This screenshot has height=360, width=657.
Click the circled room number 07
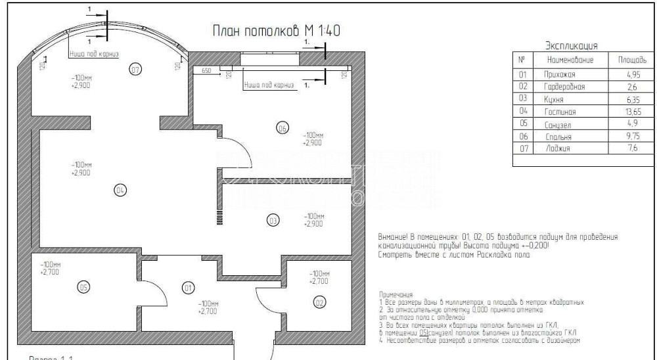135,69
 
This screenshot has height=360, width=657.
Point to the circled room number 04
120,191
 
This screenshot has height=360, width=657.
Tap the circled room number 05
83,286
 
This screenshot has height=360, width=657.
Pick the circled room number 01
188,288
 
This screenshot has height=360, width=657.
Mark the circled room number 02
319,302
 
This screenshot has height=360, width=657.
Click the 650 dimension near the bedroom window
206,69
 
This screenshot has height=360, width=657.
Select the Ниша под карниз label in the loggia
94,55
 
